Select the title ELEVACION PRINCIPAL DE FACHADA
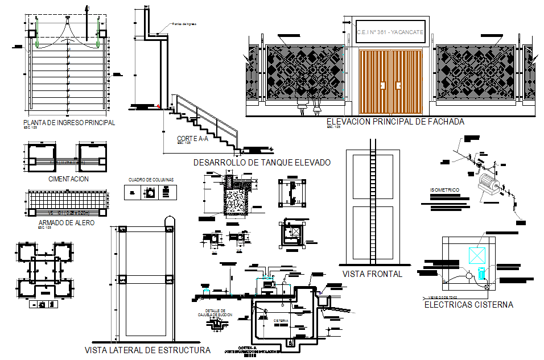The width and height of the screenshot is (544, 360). coord(395,122)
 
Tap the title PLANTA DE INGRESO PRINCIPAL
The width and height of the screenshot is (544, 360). coord(69,122)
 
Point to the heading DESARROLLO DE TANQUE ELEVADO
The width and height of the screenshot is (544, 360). coord(262,162)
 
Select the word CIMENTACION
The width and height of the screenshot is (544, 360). coord(69,179)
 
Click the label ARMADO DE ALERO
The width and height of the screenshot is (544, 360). coord(66,223)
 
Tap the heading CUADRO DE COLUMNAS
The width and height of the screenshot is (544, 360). coord(151,180)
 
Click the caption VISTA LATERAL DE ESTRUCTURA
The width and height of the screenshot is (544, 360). coord(147,350)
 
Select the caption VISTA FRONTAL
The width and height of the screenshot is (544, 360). coord(372,274)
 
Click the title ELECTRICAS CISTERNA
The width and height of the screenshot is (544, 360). coord(469,305)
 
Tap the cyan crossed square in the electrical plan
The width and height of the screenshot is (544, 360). coord(476,254)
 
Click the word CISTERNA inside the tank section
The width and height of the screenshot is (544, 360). coord(281,321)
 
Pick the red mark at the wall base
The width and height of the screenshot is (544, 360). coord(158,106)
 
